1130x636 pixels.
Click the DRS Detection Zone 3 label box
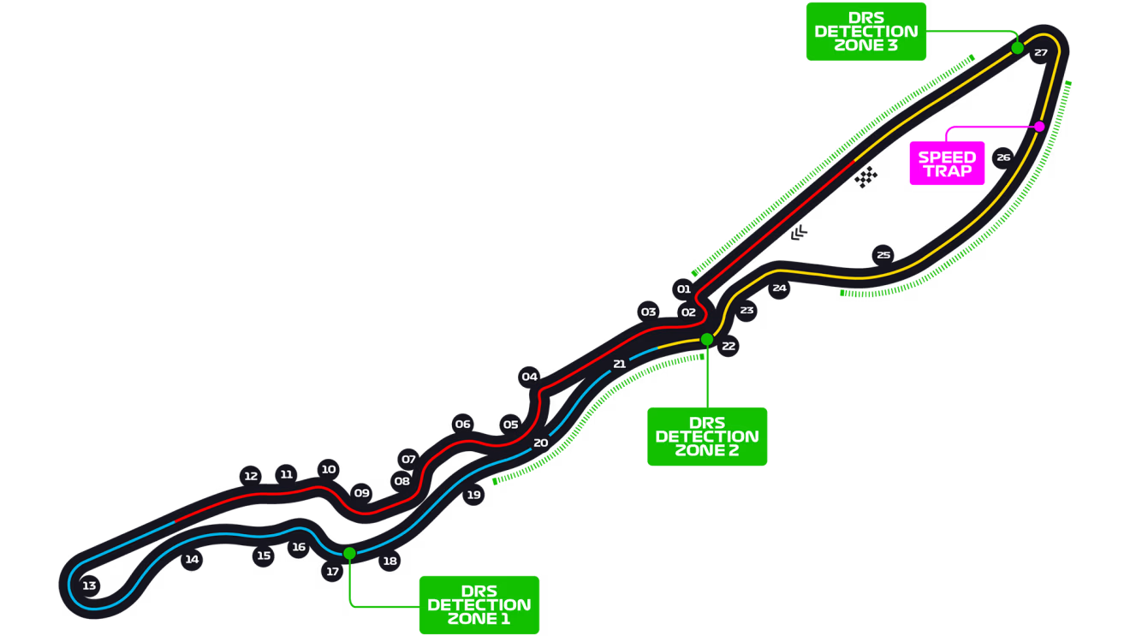click(865, 32)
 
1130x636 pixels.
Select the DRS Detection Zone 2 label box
click(707, 437)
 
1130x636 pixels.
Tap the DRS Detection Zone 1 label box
click(479, 604)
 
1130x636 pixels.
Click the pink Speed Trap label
click(947, 163)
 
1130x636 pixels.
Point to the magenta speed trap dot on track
click(1039, 127)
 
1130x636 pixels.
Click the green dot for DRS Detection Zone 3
click(1017, 48)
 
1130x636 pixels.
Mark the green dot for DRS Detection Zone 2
click(707, 340)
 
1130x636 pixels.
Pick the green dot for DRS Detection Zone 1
click(349, 553)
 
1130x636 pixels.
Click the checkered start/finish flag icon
click(866, 177)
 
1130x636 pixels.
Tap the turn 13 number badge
click(89, 586)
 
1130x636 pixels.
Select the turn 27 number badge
click(1040, 53)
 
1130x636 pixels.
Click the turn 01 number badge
click(683, 289)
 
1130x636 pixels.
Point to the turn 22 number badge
click(729, 347)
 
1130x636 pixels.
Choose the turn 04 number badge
click(530, 377)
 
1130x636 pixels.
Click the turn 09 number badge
click(362, 493)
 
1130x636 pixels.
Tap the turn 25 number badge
click(883, 255)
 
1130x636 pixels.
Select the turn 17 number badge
click(333, 572)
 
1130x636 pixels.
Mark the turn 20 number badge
click(540, 443)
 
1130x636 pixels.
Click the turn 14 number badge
click(192, 560)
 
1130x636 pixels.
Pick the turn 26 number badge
click(1003, 158)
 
